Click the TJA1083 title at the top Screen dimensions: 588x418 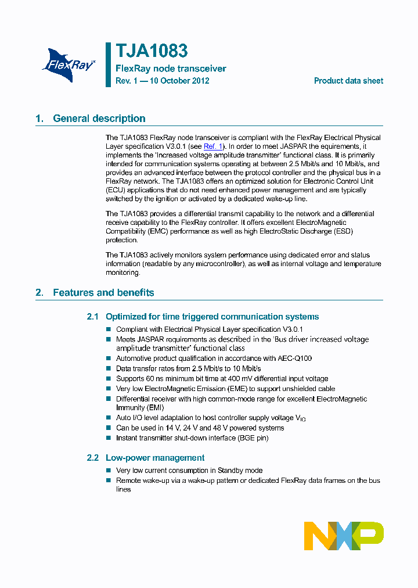[152, 52]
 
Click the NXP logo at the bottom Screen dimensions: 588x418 [344, 536]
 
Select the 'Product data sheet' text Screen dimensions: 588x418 [348, 81]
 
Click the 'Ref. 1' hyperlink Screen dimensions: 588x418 [213, 146]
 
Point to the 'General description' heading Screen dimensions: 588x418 [99, 119]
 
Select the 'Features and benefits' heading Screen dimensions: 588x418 [103, 292]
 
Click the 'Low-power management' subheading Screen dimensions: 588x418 [154, 458]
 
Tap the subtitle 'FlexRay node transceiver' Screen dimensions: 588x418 [171, 69]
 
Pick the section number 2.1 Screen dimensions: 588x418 [93, 317]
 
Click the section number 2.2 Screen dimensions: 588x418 [93, 458]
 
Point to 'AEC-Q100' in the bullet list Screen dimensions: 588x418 [293, 358]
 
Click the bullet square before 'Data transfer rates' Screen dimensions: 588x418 [108, 369]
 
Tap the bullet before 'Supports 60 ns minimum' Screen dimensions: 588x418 [108, 379]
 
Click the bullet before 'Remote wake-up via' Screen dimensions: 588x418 [108, 481]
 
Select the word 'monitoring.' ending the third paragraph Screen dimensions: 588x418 [122, 272]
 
